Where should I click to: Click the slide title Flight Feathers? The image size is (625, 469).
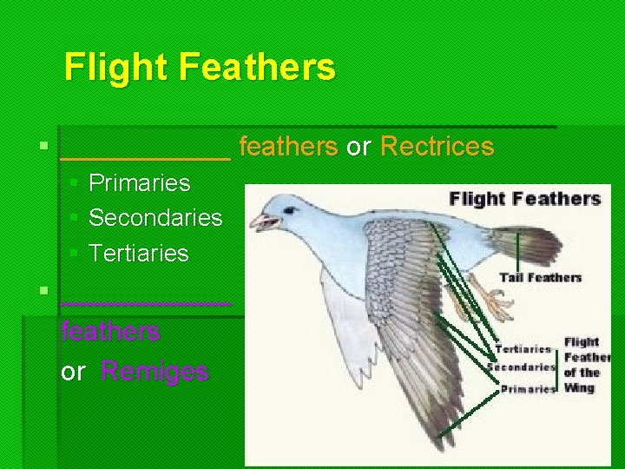[x=199, y=67]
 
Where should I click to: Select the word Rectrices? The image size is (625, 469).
[x=437, y=147]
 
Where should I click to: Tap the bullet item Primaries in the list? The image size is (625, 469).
[x=139, y=183]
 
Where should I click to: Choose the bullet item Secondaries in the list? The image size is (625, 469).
[x=155, y=218]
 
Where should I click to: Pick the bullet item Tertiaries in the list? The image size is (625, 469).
[x=138, y=254]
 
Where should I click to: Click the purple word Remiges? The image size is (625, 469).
[x=155, y=372]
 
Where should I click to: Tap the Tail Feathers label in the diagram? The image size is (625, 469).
[x=540, y=278]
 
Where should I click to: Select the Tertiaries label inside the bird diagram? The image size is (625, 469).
[x=523, y=349]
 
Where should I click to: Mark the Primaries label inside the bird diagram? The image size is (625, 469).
[x=527, y=389]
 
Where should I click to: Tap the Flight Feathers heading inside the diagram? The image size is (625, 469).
[x=524, y=199]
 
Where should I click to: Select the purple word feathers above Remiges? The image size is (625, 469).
[x=110, y=331]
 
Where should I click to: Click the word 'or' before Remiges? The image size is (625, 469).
[x=73, y=372]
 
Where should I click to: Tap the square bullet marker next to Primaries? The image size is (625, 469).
[x=74, y=183]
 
